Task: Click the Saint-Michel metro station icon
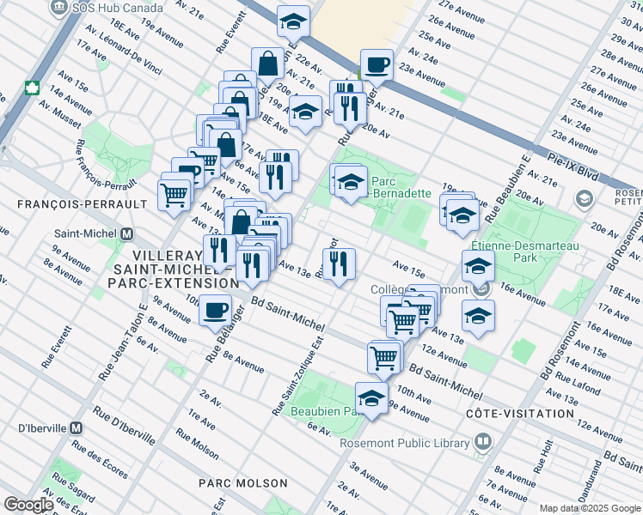(x=127, y=233)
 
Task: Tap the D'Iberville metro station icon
(x=77, y=427)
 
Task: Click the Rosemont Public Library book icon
(x=483, y=443)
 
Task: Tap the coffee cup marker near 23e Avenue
(x=376, y=64)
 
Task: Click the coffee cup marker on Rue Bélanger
(x=215, y=311)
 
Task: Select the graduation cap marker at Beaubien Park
(x=371, y=399)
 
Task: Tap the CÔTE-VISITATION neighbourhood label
(x=519, y=414)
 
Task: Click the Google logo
(x=28, y=505)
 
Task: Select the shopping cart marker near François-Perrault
(x=175, y=195)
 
